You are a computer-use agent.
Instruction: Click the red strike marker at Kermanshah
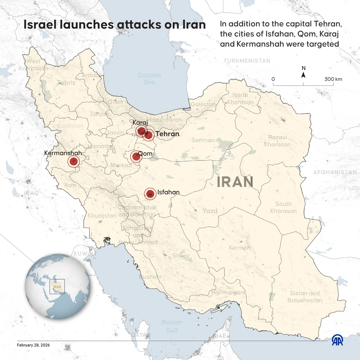[73, 162]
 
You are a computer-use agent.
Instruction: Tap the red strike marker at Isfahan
[150, 194]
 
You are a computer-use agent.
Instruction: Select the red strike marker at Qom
[136, 156]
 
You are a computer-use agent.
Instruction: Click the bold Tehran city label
[167, 134]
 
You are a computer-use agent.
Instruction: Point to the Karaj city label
[140, 123]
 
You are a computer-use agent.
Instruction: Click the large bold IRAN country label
[235, 182]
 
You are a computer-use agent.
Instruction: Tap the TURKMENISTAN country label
[247, 61]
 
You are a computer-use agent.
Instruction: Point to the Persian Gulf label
[172, 326]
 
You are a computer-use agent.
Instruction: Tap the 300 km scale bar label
[333, 79]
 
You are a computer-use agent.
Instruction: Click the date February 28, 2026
[33, 345]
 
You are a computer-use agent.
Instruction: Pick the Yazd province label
[210, 211]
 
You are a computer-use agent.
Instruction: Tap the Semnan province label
[203, 140]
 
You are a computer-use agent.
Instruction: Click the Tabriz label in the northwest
[66, 82]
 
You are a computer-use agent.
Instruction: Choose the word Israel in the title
[41, 25]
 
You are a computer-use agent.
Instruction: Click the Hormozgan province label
[227, 292]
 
